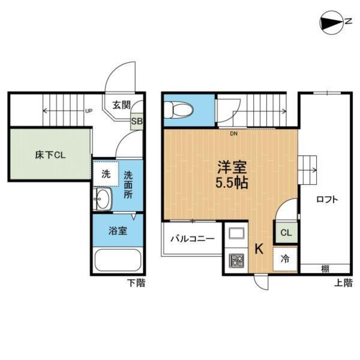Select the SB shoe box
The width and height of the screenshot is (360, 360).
[x=137, y=121]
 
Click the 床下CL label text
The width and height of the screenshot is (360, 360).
[x=49, y=155]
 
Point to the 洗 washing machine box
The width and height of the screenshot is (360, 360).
[x=105, y=175]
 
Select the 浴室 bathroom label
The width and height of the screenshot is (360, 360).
[x=117, y=230]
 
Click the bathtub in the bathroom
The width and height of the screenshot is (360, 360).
[x=118, y=261]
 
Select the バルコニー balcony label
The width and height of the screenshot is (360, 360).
[x=192, y=238]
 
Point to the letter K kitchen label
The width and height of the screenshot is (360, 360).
[x=259, y=248]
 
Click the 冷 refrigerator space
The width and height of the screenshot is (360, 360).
[x=285, y=259]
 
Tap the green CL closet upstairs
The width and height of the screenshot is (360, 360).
[x=285, y=232]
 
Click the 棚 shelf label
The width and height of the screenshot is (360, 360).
[x=325, y=268]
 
